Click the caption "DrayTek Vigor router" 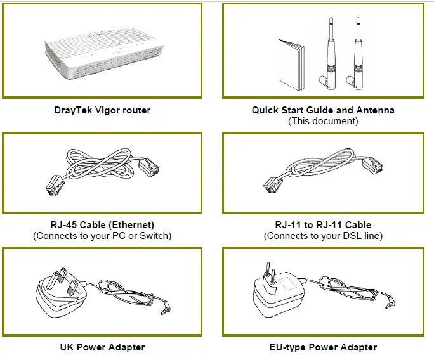pyautogui.click(x=102, y=110)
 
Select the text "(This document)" pyautogui.click(x=323, y=120)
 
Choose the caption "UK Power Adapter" pyautogui.click(x=102, y=347)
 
